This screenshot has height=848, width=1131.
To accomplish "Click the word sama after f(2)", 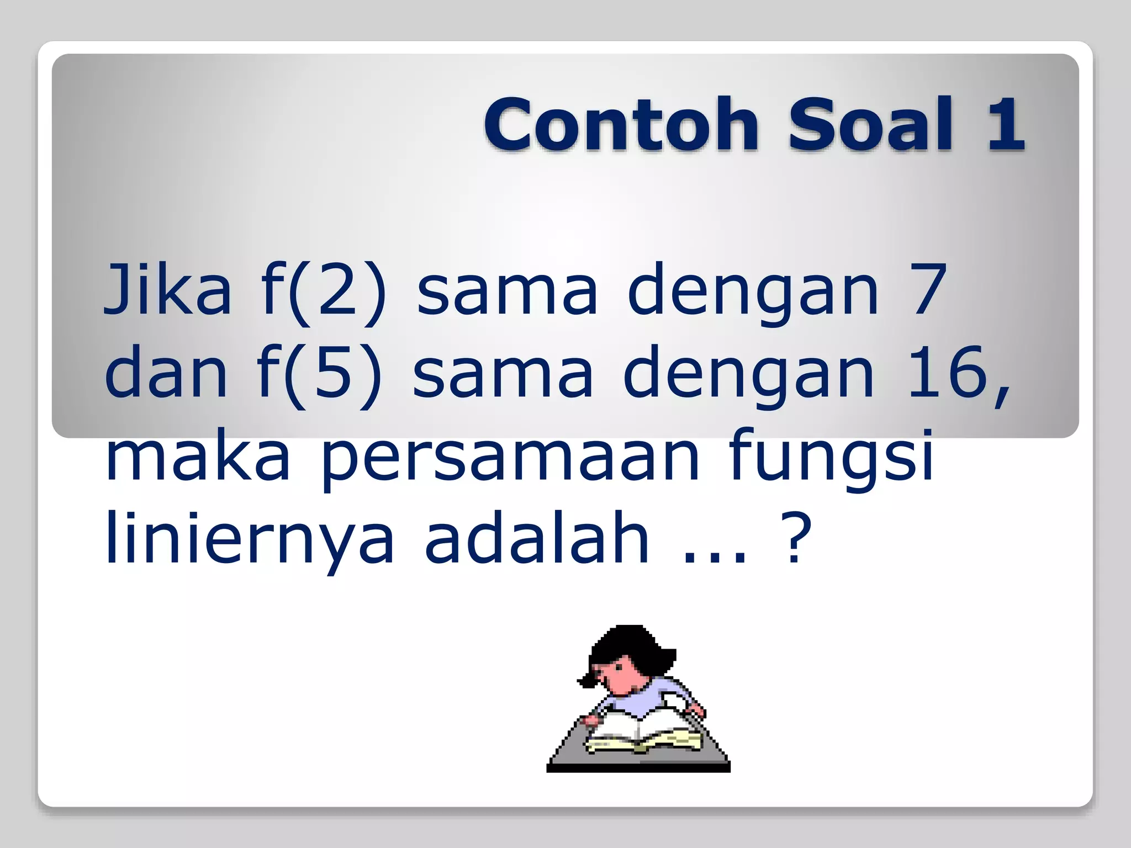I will (x=507, y=290).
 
